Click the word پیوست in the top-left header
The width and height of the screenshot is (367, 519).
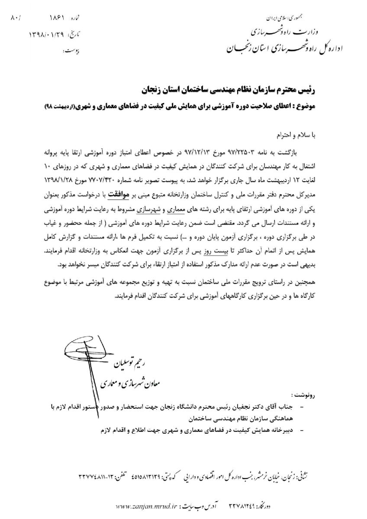[69, 51]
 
